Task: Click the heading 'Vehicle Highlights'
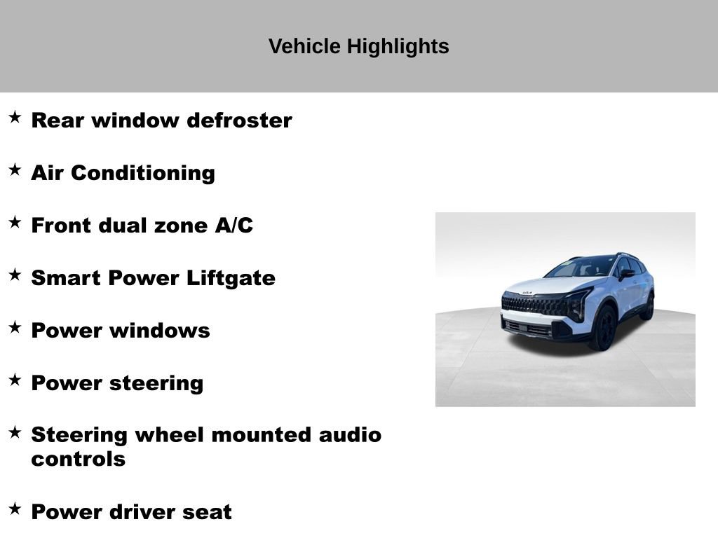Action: click(x=358, y=46)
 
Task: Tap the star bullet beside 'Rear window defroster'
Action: click(x=15, y=117)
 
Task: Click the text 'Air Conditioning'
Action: click(x=123, y=173)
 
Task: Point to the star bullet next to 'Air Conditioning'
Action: click(x=15, y=170)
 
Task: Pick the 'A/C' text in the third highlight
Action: click(x=233, y=226)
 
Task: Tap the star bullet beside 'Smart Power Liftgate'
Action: click(x=15, y=275)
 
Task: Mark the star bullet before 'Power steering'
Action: click(x=15, y=380)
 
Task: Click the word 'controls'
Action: click(x=79, y=460)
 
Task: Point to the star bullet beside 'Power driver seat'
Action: click(x=15, y=509)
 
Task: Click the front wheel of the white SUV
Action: click(x=604, y=328)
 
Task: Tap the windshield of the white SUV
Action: click(x=582, y=267)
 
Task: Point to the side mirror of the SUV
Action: click(x=625, y=274)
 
